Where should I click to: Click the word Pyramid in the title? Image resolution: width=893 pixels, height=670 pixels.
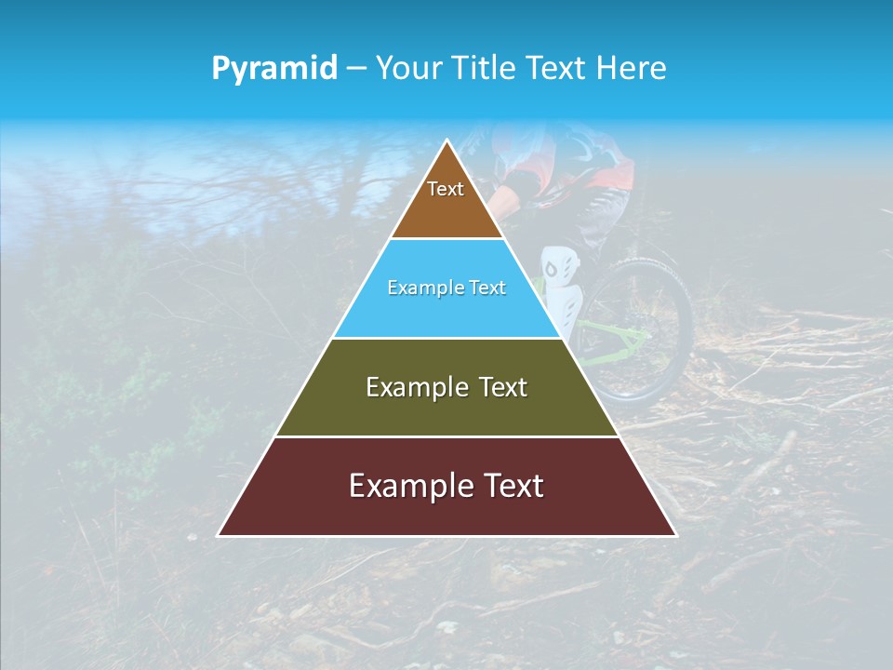(274, 69)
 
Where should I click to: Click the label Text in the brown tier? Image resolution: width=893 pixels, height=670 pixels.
(446, 189)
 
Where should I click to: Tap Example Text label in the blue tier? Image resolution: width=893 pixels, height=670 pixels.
(446, 288)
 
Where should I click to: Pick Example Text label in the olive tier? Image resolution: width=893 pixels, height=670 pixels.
(446, 387)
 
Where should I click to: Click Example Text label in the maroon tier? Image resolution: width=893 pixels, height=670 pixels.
(446, 486)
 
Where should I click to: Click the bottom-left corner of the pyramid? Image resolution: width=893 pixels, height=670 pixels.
(220, 534)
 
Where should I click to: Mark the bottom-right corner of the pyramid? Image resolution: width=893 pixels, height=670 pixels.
(674, 534)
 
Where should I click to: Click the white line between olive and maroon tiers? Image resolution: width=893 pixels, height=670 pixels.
(446, 436)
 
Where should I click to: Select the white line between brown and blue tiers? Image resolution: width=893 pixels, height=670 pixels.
(446, 238)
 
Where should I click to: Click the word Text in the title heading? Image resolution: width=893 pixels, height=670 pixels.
(555, 69)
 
